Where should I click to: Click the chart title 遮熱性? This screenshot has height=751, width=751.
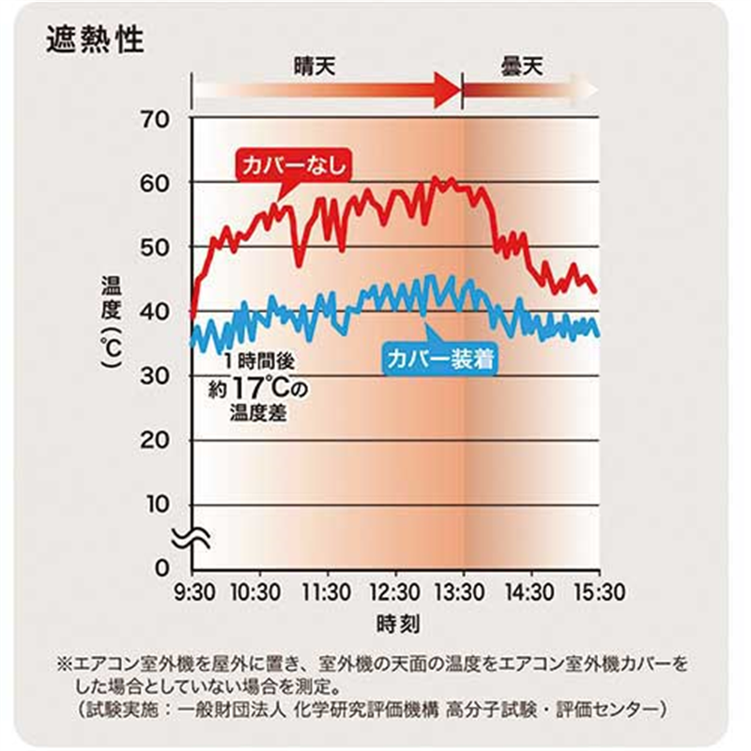pyautogui.click(x=94, y=40)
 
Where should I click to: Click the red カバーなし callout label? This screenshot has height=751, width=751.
pyautogui.click(x=294, y=165)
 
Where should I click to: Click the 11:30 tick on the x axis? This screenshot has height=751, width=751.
pyautogui.click(x=327, y=593)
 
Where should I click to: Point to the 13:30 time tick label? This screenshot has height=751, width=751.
pyautogui.click(x=463, y=593)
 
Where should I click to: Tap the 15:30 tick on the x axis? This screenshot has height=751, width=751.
pyautogui.click(x=598, y=593)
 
